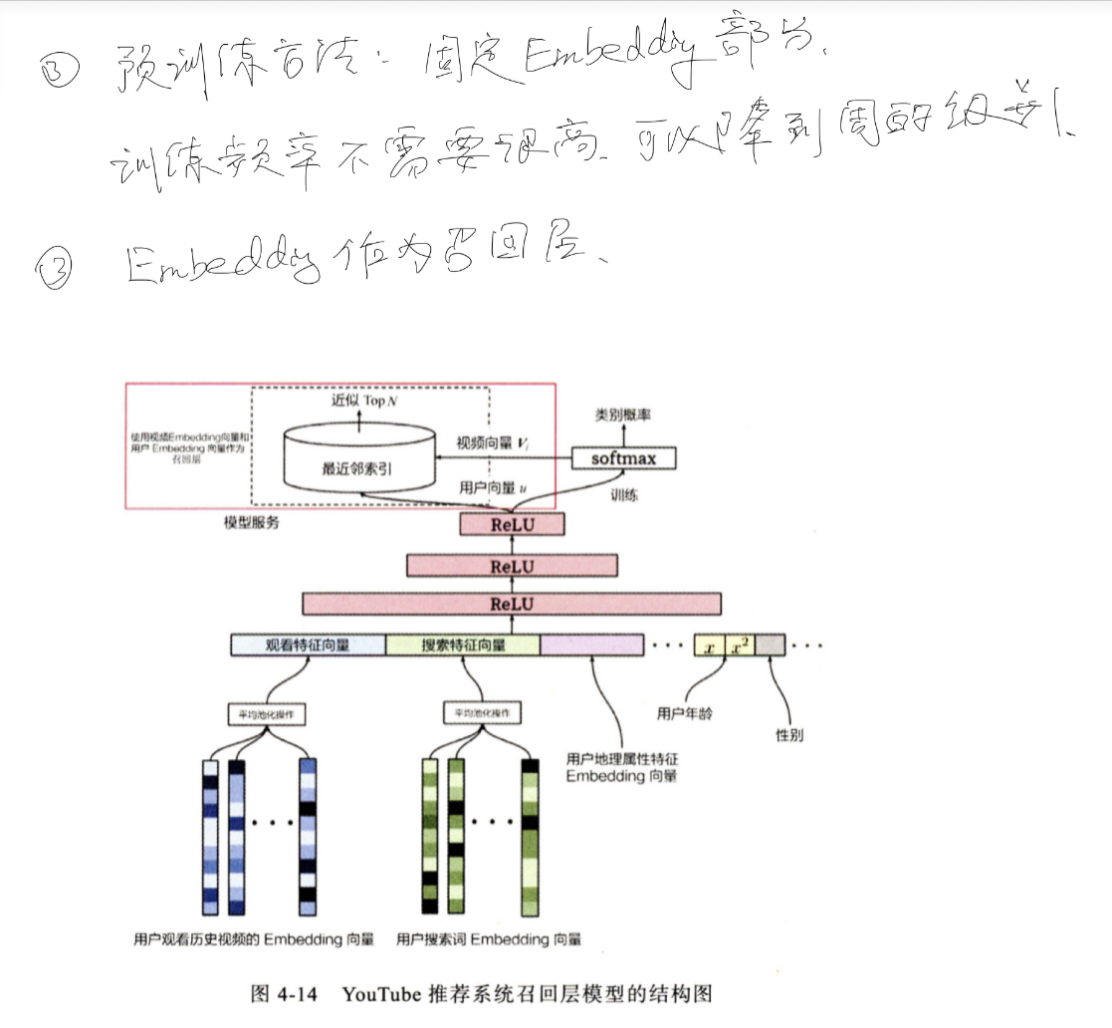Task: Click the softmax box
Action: pyautogui.click(x=624, y=458)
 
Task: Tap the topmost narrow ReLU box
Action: pyautogui.click(x=512, y=525)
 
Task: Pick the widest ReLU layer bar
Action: pyautogui.click(x=512, y=604)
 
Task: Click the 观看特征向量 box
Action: pyautogui.click(x=308, y=644)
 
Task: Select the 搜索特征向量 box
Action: pyautogui.click(x=463, y=644)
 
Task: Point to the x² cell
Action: pyautogui.click(x=739, y=645)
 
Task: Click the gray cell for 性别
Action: pyautogui.click(x=770, y=645)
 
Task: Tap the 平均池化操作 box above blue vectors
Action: pyautogui.click(x=266, y=714)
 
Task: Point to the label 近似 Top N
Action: pyautogui.click(x=363, y=399)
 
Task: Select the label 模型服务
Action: pyautogui.click(x=252, y=522)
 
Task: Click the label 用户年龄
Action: pyautogui.click(x=684, y=714)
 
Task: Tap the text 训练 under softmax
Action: pyautogui.click(x=624, y=492)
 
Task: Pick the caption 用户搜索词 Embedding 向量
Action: pyautogui.click(x=488, y=939)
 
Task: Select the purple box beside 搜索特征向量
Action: pyautogui.click(x=591, y=644)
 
